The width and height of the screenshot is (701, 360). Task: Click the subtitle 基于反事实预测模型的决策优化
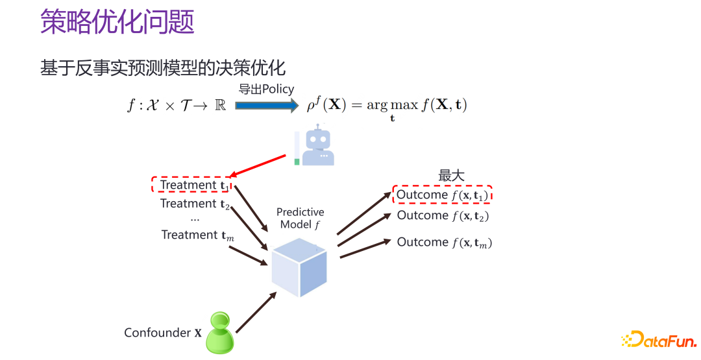tap(163, 68)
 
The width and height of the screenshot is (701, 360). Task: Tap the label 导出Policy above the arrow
tap(266, 90)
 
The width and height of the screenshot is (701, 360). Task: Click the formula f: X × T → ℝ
tap(177, 106)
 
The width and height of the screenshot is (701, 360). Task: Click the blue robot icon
tap(316, 147)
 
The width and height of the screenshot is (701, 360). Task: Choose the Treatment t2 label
tap(195, 204)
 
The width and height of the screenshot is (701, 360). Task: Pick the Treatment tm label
tap(197, 235)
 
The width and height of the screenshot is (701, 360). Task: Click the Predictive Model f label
tap(301, 219)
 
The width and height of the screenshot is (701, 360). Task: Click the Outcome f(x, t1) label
tap(442, 195)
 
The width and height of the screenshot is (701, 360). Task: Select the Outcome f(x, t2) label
tap(443, 216)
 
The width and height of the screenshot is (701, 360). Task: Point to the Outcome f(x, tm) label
tap(444, 242)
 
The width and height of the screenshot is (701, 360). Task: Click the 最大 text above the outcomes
tap(452, 175)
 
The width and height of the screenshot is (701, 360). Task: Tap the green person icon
tap(219, 333)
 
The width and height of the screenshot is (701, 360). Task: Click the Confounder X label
tap(163, 333)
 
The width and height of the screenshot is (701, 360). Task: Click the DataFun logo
tap(659, 339)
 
